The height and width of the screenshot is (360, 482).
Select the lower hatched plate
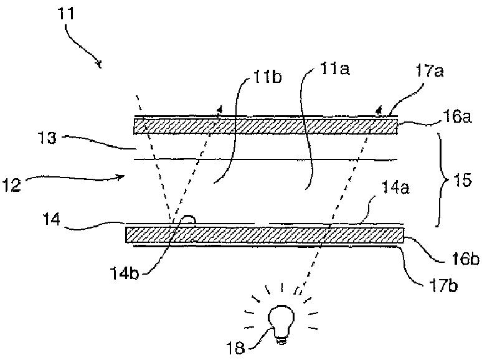[265, 235]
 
